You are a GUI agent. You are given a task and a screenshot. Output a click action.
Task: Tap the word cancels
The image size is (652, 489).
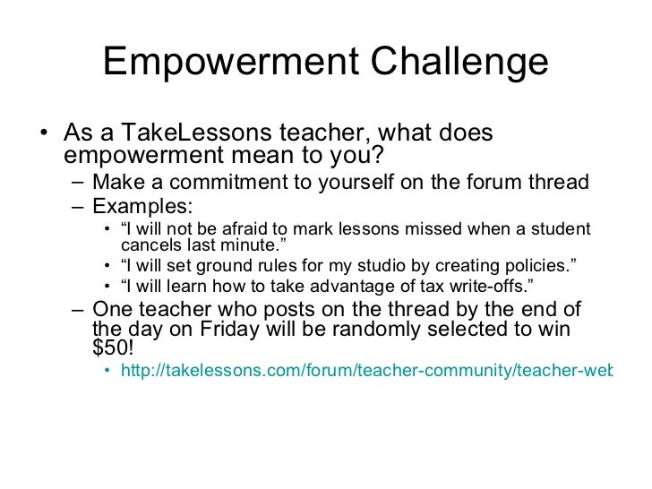[x=148, y=244]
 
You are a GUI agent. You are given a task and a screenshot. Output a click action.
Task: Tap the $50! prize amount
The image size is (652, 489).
[x=113, y=348]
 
